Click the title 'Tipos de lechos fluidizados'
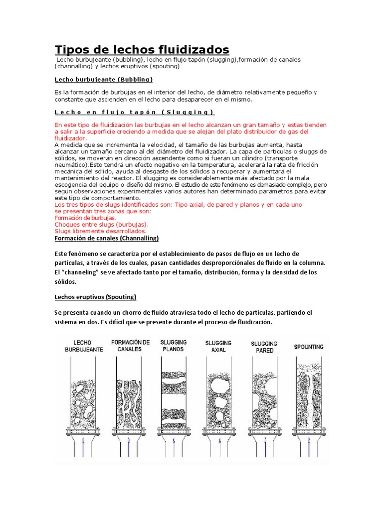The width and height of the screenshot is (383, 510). pos(142,49)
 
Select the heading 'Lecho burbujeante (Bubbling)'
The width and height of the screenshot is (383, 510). pos(103,79)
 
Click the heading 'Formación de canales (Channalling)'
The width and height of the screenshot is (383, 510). pos(106,238)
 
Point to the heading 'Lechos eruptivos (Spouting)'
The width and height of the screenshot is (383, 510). pos(95,297)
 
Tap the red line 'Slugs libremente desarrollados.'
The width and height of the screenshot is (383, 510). pos(100,231)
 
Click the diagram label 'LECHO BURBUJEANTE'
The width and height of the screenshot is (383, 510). pos(84,346)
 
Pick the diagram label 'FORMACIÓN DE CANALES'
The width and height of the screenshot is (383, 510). pos(131,346)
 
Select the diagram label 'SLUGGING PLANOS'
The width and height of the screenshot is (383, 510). pos(174,346)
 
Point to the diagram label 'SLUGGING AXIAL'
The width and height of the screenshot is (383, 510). pos(218,346)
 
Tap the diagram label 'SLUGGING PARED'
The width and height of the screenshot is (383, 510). pos(264,347)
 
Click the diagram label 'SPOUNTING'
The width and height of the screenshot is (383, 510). pos(309,347)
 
